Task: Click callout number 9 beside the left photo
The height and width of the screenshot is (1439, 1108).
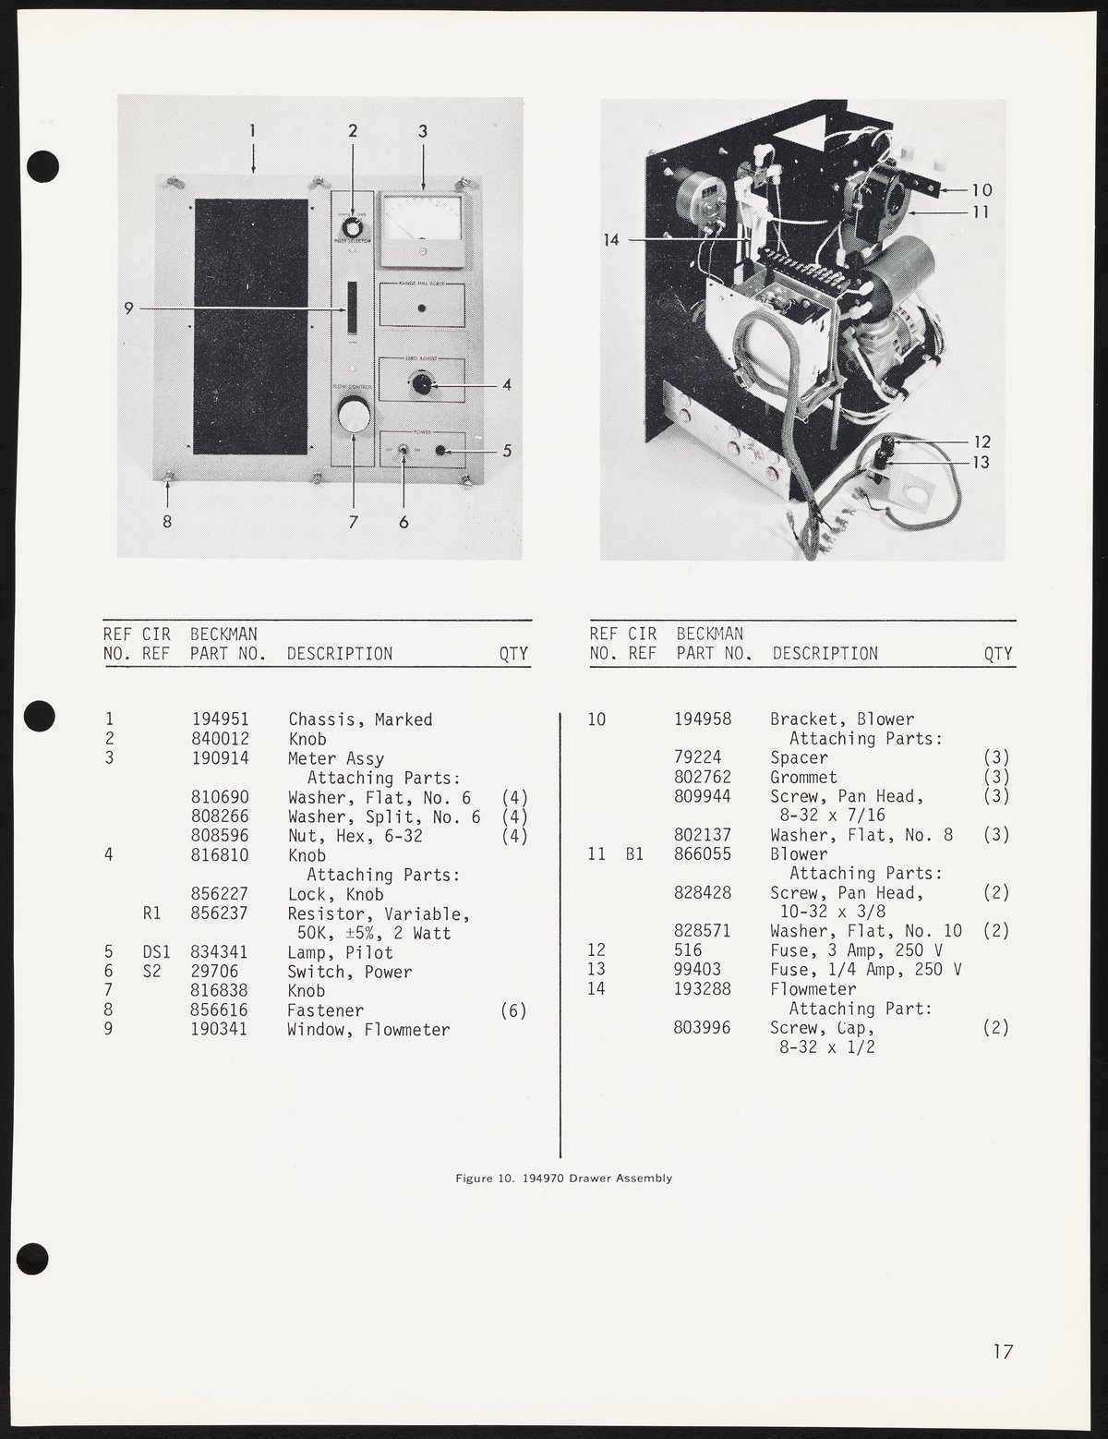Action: [x=130, y=308]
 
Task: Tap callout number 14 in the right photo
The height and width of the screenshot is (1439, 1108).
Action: [x=611, y=240]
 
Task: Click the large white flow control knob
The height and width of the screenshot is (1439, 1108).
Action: [x=352, y=417]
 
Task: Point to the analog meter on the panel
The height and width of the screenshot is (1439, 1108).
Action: [x=423, y=226]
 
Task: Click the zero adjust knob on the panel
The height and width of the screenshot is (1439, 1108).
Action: [x=421, y=383]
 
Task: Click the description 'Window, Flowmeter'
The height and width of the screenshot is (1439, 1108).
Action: [x=368, y=1030]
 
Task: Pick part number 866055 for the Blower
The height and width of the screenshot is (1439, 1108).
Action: [x=704, y=854]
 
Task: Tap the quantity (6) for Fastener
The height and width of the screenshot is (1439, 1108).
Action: [x=512, y=1010]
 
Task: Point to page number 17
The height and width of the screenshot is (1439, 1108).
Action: [x=1003, y=1352]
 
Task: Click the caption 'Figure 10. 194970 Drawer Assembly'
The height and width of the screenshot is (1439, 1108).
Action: [x=563, y=1179]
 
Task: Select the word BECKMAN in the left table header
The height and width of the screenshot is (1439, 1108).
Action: [x=223, y=635]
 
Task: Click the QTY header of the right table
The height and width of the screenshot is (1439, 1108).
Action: [x=998, y=654]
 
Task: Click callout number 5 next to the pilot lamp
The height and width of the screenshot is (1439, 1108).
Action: [x=507, y=452]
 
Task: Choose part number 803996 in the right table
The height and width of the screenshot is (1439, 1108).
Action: [x=704, y=1028]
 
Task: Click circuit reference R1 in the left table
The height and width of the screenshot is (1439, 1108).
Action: [x=152, y=913]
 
